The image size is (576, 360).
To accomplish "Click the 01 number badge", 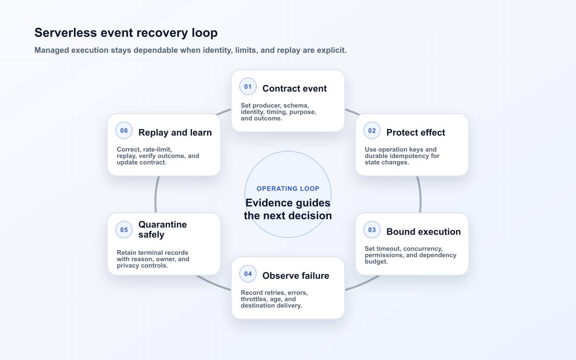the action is (248, 87).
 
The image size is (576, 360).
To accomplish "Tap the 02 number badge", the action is (372, 131).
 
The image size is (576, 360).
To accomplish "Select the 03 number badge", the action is (372, 229).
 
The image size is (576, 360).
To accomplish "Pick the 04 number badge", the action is (248, 274).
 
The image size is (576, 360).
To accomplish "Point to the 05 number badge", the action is (124, 229).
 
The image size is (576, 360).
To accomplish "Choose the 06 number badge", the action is (124, 131).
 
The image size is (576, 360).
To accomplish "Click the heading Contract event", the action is (294, 88).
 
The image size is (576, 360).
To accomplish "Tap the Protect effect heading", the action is (416, 132).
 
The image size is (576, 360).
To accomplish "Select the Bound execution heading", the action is (423, 232).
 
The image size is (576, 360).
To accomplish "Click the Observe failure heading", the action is (296, 276).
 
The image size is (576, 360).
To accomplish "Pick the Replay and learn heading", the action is (175, 132).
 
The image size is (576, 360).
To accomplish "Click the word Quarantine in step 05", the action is (163, 225).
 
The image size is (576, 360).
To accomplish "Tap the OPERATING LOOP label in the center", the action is (288, 189).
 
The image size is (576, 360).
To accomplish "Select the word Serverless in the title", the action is (66, 33).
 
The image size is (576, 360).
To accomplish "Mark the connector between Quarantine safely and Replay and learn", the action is (156, 194).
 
